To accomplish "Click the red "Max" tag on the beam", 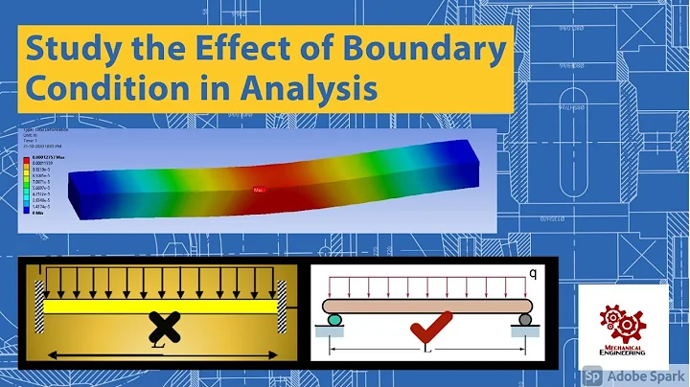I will click(x=259, y=190).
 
